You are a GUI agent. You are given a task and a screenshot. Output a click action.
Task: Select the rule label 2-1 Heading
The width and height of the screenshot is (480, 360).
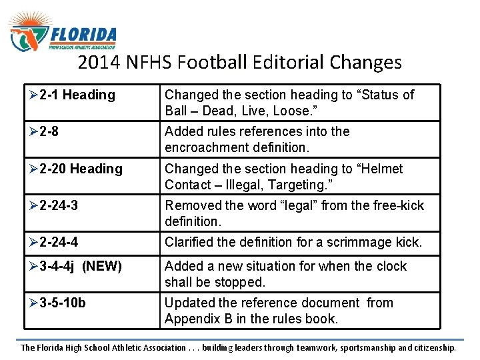(77, 95)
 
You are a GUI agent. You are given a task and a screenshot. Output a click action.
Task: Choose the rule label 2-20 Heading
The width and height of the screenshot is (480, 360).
(80, 169)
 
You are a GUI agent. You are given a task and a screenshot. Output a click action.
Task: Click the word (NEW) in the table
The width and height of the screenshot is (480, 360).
(102, 267)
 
